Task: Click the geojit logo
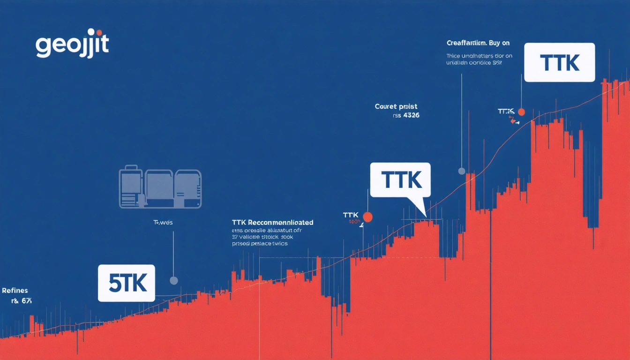pyautogui.click(x=72, y=45)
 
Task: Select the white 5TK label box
pyautogui.click(x=126, y=283)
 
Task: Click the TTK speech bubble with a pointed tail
pyautogui.click(x=400, y=180)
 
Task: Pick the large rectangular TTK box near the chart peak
pyautogui.click(x=559, y=63)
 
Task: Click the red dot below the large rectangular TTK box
pyautogui.click(x=521, y=112)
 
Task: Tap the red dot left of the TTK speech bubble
pyautogui.click(x=367, y=217)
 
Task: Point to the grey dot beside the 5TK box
pyautogui.click(x=173, y=280)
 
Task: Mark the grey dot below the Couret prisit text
pyautogui.click(x=461, y=171)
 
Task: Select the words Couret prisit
pyautogui.click(x=396, y=106)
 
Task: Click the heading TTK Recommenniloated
pyautogui.click(x=272, y=222)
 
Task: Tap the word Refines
pyautogui.click(x=15, y=291)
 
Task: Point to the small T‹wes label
pyautogui.click(x=163, y=223)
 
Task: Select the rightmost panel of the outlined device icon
pyautogui.click(x=188, y=188)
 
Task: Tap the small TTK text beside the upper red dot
pyautogui.click(x=506, y=112)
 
